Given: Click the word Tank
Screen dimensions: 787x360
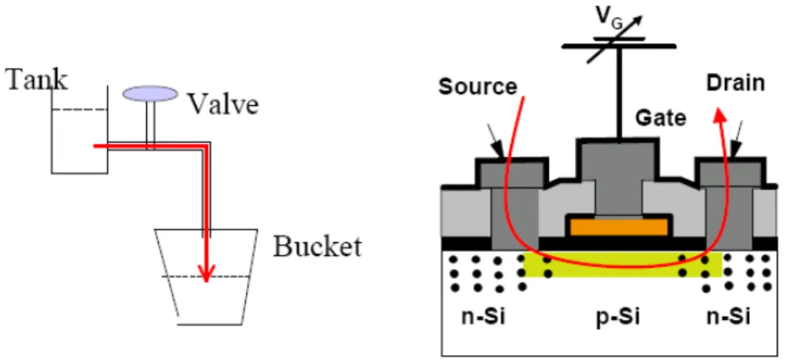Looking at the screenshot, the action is pyautogui.click(x=36, y=79).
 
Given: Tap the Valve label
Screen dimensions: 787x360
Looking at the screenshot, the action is pyautogui.click(x=223, y=104).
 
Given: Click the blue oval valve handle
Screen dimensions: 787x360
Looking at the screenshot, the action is pyautogui.click(x=151, y=94).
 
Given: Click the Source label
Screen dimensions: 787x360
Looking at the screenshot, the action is pyautogui.click(x=477, y=86).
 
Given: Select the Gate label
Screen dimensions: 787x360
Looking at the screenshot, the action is pyautogui.click(x=661, y=118).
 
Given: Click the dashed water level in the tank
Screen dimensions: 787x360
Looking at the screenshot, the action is pyautogui.click(x=79, y=110).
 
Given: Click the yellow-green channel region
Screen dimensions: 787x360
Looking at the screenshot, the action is pyautogui.click(x=623, y=264).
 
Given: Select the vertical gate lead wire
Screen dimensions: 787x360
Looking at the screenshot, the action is pyautogui.click(x=620, y=93).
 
